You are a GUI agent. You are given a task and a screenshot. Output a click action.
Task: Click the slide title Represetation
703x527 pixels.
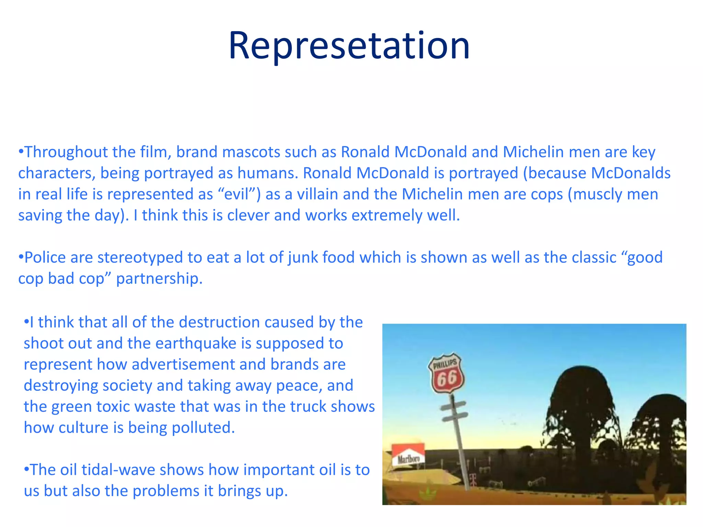click(349, 46)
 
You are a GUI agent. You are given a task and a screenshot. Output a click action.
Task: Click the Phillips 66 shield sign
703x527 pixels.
click(446, 373)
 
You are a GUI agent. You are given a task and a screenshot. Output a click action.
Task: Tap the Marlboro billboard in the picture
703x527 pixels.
click(408, 455)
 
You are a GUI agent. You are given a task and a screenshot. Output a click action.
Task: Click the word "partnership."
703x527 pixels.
click(159, 279)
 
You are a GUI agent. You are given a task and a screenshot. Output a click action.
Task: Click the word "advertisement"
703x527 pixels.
click(183, 364)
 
